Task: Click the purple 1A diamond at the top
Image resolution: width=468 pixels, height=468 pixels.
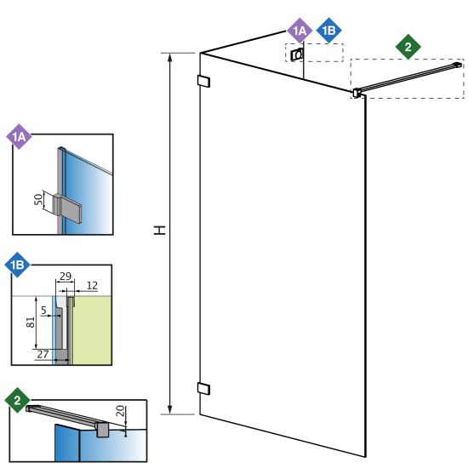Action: pyautogui.click(x=300, y=31)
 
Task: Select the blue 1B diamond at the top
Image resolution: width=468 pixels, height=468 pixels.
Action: pyautogui.click(x=328, y=31)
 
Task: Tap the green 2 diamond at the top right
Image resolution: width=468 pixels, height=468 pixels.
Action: pyautogui.click(x=408, y=47)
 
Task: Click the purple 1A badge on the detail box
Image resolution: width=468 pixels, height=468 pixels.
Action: pyautogui.click(x=19, y=137)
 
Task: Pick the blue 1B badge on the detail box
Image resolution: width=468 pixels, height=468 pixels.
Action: pyautogui.click(x=17, y=265)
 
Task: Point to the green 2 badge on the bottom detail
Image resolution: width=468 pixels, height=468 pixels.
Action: pyautogui.click(x=17, y=400)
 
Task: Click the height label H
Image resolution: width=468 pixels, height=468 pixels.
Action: pyautogui.click(x=160, y=230)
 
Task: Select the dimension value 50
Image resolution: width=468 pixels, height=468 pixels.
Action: pyautogui.click(x=38, y=199)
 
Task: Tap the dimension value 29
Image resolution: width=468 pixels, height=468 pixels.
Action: pyautogui.click(x=66, y=276)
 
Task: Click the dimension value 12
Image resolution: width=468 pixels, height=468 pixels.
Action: pyautogui.click(x=92, y=286)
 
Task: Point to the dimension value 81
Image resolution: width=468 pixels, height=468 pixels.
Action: pyautogui.click(x=31, y=322)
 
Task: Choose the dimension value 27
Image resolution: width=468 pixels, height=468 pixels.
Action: pyautogui.click(x=43, y=354)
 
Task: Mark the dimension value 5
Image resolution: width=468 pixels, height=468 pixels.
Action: pyautogui.click(x=44, y=310)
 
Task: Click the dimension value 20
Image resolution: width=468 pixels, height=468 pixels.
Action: pyautogui.click(x=120, y=411)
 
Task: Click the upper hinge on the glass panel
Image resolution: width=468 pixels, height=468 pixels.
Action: pyautogui.click(x=204, y=81)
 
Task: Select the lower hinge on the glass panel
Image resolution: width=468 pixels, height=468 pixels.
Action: pyautogui.click(x=204, y=388)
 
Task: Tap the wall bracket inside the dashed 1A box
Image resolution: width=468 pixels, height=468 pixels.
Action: pyautogui.click(x=297, y=54)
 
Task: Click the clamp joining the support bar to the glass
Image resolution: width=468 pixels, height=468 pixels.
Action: pyautogui.click(x=357, y=93)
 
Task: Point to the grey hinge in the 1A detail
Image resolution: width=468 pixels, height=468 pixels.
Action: pyautogui.click(x=68, y=208)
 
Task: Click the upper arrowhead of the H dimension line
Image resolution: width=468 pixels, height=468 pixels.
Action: pyautogui.click(x=170, y=57)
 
